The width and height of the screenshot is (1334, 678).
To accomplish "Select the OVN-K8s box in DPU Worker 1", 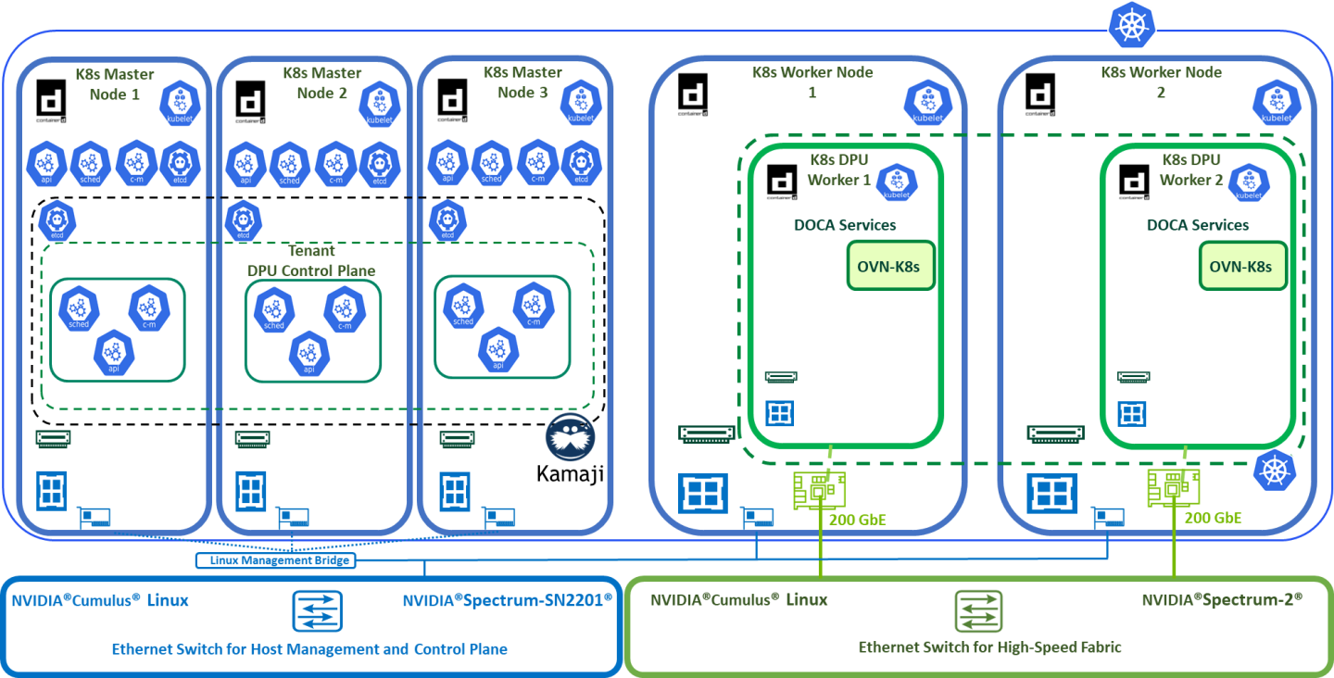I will click(888, 267).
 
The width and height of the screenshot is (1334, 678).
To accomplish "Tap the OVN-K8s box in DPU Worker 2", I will click(1241, 267).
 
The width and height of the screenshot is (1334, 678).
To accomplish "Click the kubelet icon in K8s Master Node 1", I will click(179, 103).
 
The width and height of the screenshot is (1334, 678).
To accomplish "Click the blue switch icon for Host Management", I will click(317, 611).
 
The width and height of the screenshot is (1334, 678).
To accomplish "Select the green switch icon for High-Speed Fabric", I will click(978, 611).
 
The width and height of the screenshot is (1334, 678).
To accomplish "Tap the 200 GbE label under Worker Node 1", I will click(857, 520).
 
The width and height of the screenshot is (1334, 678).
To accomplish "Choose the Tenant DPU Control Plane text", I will click(311, 261).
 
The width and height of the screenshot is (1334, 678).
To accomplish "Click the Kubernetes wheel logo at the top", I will click(1127, 26).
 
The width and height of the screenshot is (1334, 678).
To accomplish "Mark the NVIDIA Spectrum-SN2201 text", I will click(507, 600).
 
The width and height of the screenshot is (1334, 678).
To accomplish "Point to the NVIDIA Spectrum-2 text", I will click(1222, 600).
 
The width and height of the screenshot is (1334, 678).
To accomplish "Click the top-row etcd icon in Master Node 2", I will click(379, 163).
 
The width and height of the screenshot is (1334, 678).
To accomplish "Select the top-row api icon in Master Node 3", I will click(447, 163).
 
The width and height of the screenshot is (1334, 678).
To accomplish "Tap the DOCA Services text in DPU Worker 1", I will click(844, 225).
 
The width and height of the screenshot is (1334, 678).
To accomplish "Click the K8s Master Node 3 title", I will click(522, 82).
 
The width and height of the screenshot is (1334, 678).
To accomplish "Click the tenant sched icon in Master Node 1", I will click(79, 308).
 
